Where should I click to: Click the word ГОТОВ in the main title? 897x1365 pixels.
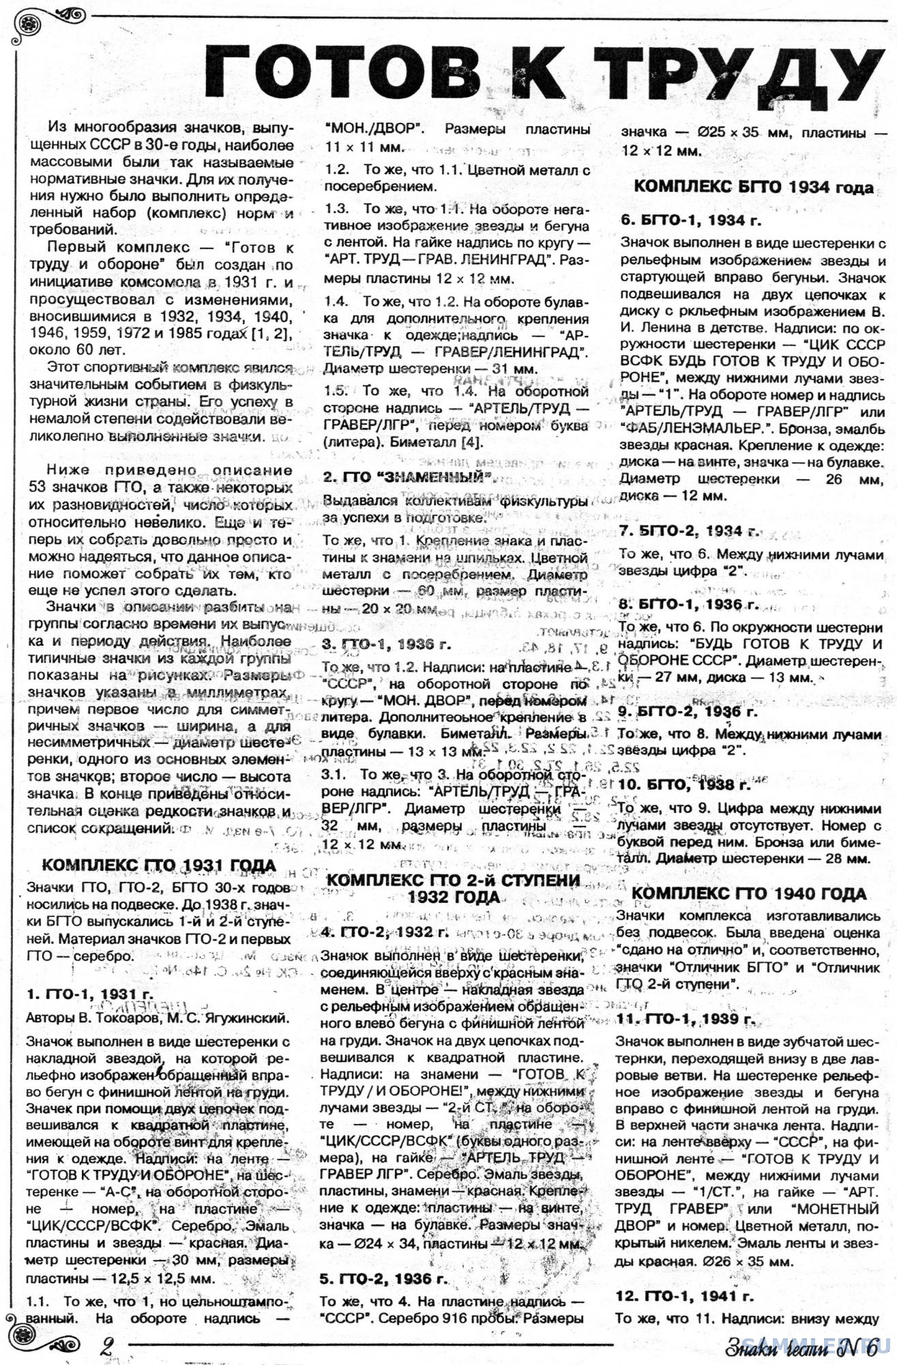(x=352, y=70)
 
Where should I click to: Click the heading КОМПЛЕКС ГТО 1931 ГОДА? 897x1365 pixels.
(x=159, y=866)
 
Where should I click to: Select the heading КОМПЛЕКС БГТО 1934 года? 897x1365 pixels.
(x=753, y=187)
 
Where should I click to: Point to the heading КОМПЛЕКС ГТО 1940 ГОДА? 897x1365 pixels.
(x=749, y=894)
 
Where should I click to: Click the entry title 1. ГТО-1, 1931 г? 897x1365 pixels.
(x=89, y=994)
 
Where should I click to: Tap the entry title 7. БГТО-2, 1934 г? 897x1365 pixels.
(x=689, y=531)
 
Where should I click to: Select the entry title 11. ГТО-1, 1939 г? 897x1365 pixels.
(x=685, y=1019)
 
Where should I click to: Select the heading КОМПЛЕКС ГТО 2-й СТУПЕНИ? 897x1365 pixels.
(x=453, y=880)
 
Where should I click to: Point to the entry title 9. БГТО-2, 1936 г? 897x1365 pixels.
(x=688, y=711)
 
